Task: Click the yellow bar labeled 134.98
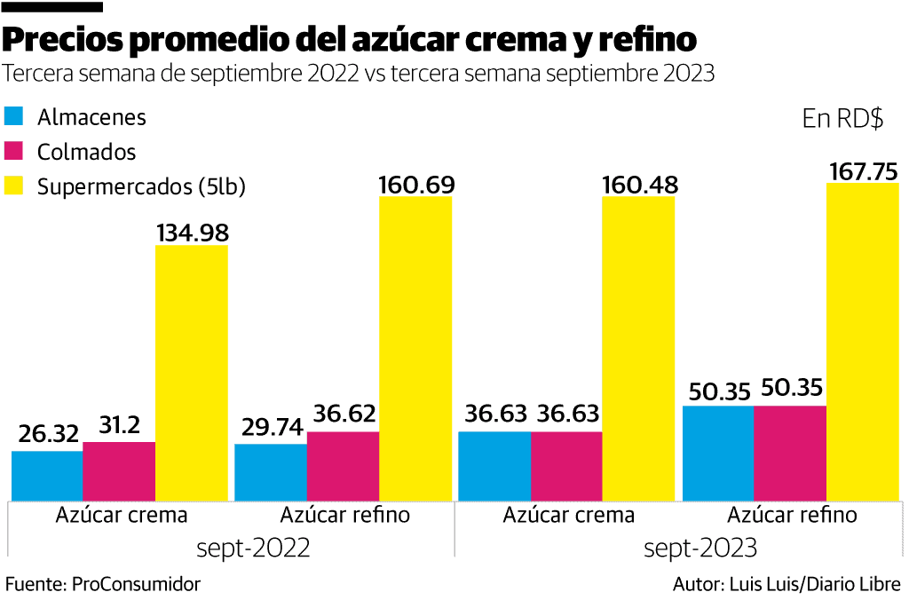pyautogui.click(x=192, y=372)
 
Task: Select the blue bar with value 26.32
pyautogui.click(x=47, y=475)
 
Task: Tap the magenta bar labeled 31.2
pyautogui.click(x=119, y=470)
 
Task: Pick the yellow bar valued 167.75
pyautogui.click(x=862, y=341)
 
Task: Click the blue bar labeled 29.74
pyautogui.click(x=271, y=471)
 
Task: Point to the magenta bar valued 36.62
pyautogui.click(x=343, y=465)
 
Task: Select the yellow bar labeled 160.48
pyautogui.click(x=638, y=348)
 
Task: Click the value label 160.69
pyautogui.click(x=416, y=185)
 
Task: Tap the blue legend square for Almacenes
pyautogui.click(x=14, y=116)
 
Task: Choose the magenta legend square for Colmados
pyautogui.click(x=14, y=151)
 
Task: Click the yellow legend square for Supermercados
pyautogui.click(x=14, y=186)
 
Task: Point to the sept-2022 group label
pyautogui.click(x=253, y=549)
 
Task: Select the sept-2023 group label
pyautogui.click(x=700, y=549)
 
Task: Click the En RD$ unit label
pyautogui.click(x=842, y=119)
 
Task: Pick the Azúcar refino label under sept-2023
pyautogui.click(x=792, y=516)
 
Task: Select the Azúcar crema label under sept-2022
pyautogui.click(x=122, y=516)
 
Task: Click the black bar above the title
pyautogui.click(x=53, y=6)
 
